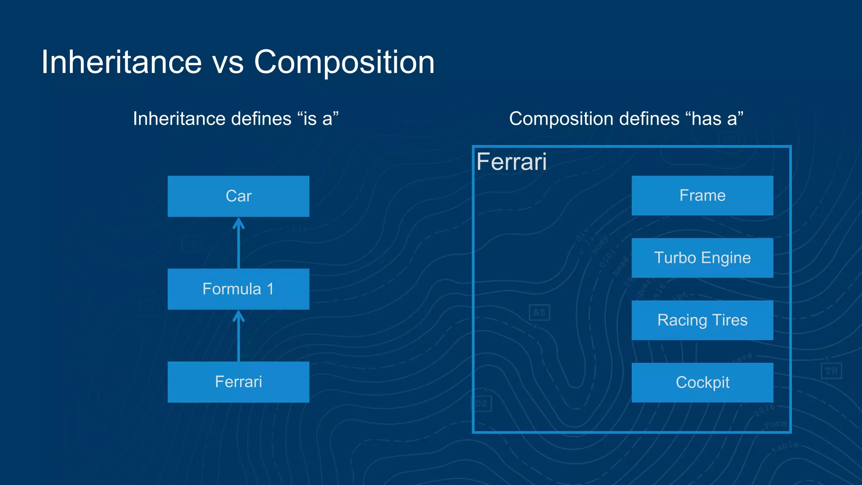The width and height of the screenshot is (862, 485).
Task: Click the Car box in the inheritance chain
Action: coord(238,196)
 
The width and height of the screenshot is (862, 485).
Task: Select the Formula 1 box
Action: coord(238,289)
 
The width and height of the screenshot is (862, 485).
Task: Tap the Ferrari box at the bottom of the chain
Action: coord(238,382)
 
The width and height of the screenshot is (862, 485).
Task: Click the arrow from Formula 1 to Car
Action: coord(239,244)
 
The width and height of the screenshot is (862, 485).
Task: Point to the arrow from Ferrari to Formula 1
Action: coord(239,337)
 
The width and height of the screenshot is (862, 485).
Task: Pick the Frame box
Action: coord(702,195)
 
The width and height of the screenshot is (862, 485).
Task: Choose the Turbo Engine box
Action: coord(702,258)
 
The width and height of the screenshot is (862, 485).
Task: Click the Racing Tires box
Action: coord(702,320)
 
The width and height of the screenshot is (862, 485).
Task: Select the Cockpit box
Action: coord(702,382)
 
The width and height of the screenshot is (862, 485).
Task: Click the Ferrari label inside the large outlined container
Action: coord(511,162)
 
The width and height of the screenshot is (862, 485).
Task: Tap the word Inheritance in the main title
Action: coord(121,62)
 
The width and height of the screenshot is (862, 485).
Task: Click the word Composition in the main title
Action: coord(344,62)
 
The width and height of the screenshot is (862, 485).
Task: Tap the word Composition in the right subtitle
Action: coord(558,119)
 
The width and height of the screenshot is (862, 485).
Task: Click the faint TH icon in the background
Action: coord(831,371)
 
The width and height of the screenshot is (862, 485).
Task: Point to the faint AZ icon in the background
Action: coord(539,312)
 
